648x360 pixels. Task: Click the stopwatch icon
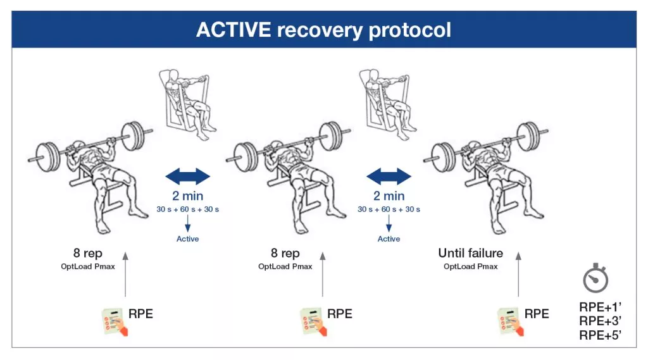coord(595,279)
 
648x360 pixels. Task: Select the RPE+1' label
coord(600,307)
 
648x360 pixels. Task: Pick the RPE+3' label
coord(600,321)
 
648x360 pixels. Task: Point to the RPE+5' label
coord(600,335)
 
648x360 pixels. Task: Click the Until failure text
coord(470,253)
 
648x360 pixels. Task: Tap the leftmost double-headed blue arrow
coord(187,175)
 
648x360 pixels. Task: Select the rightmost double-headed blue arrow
coord(389,175)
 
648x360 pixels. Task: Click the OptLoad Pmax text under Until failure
coord(470,266)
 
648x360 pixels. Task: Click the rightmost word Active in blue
coord(389,239)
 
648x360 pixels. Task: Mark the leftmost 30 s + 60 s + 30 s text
coord(187,209)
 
